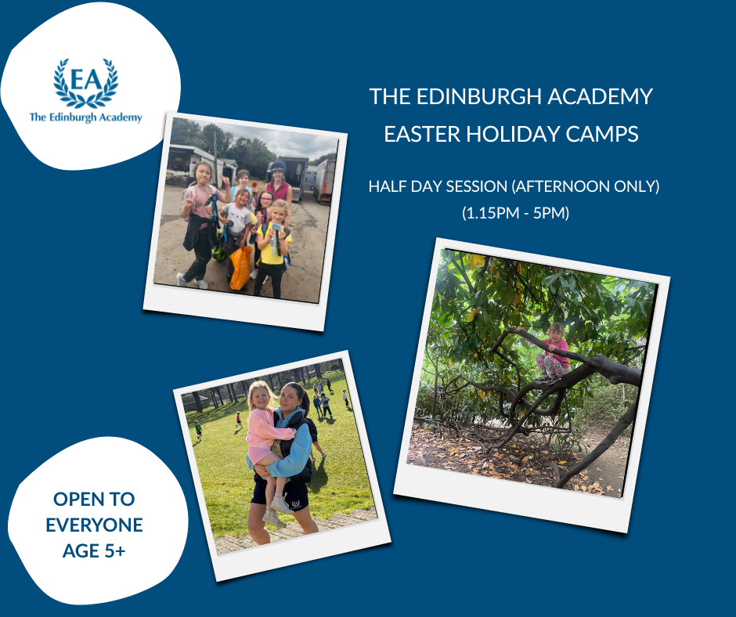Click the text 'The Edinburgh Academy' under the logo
[x=85, y=117]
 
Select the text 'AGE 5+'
[x=94, y=550]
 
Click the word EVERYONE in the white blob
[x=94, y=525]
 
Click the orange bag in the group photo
[x=240, y=266]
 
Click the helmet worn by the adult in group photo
[x=277, y=167]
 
